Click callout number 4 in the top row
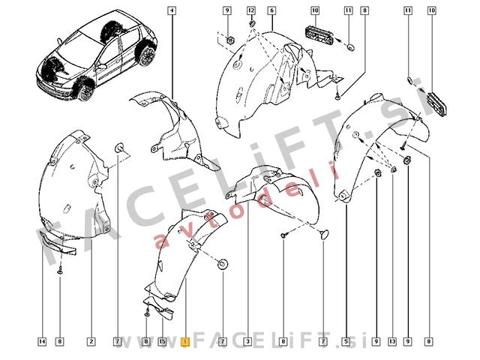pos(172,10)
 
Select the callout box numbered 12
pos(251,10)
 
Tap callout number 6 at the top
pos(271,10)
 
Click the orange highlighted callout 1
pos(185,342)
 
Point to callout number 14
pos(43,342)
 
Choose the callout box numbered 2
pos(91,342)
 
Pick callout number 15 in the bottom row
pos(162,342)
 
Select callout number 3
pos(247,342)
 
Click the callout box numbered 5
pos(346,342)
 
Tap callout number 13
pos(392,342)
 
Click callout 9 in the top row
pos(227,10)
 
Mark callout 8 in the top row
pos(364,10)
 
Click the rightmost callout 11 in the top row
pos(408,10)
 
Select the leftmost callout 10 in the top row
pos(315,10)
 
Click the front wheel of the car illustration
pos(85,91)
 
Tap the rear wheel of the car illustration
pos(147,55)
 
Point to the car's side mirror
pos(101,66)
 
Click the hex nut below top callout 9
pos(229,40)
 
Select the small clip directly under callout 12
pos(252,23)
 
